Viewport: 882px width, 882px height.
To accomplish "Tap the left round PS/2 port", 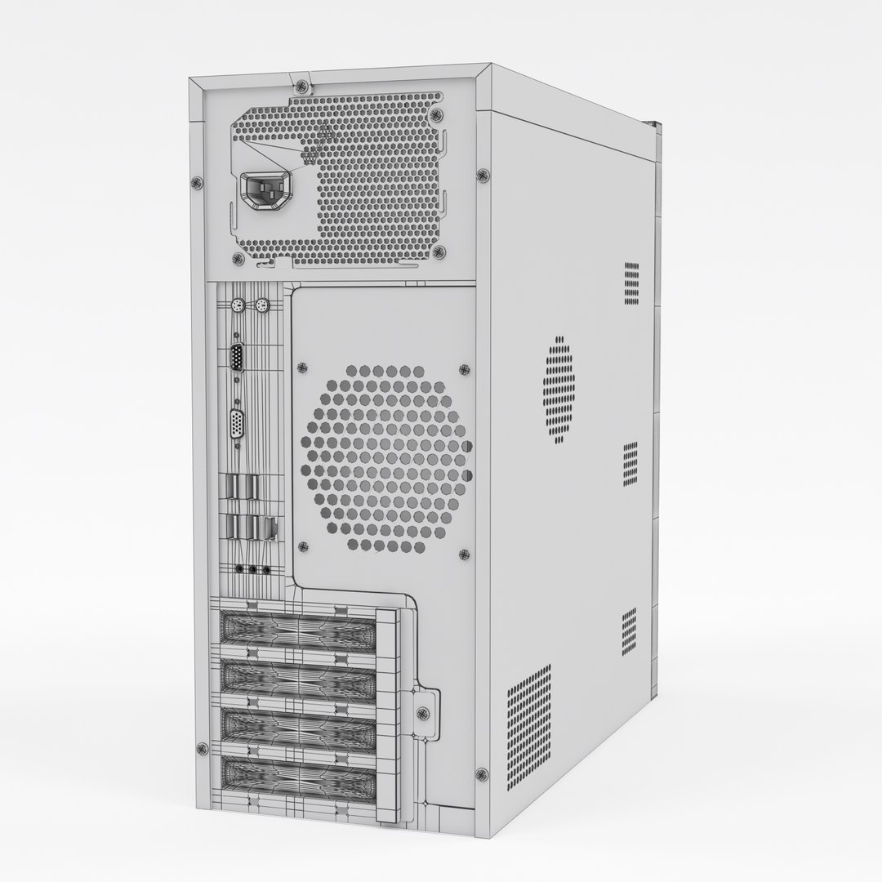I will [x=236, y=308].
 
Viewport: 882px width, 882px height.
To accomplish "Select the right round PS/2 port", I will [x=261, y=308].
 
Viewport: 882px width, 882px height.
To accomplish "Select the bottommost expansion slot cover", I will [x=298, y=772].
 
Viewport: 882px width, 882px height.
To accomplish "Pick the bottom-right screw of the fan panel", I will [x=464, y=555].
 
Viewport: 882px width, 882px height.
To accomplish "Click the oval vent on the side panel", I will [x=559, y=390].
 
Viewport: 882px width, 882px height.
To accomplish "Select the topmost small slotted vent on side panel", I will [x=631, y=283].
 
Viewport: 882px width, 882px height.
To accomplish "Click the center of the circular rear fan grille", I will [x=388, y=456].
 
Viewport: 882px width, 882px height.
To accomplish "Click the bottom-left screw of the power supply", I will [x=238, y=259].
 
